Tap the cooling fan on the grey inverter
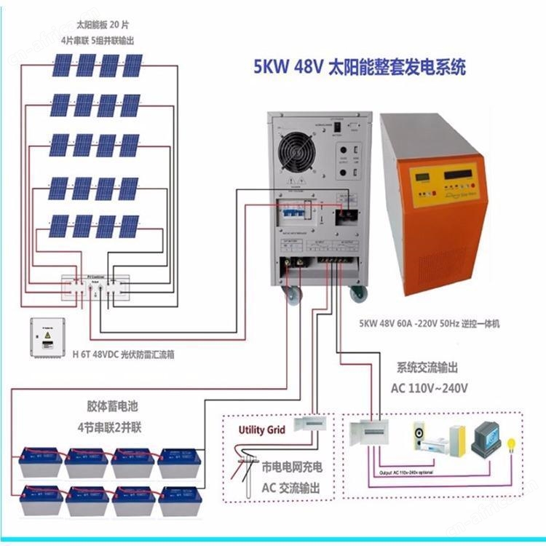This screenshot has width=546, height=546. click(298, 143)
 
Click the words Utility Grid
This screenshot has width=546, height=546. click(261, 430)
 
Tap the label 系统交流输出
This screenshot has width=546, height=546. click(427, 368)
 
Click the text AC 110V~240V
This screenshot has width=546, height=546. click(430, 387)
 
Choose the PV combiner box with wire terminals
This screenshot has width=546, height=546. click(95, 285)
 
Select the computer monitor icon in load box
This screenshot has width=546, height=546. click(486, 437)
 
